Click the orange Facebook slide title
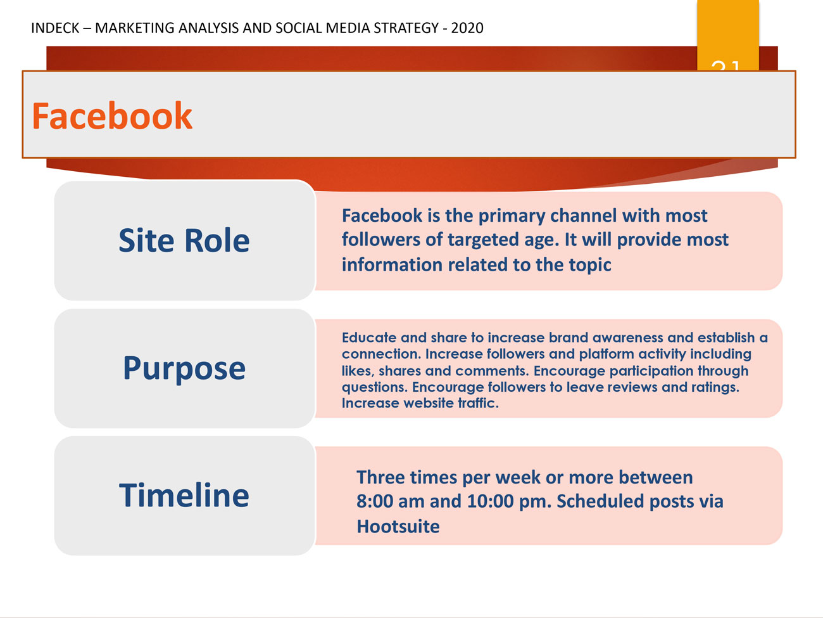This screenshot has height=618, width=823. [x=112, y=116]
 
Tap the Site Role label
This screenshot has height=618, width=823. [x=184, y=240]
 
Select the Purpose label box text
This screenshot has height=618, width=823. [x=184, y=369]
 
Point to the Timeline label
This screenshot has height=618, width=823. [x=184, y=495]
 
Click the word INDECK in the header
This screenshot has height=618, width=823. [x=55, y=28]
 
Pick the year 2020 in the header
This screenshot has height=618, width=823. [x=467, y=28]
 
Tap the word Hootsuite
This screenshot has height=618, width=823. [x=398, y=526]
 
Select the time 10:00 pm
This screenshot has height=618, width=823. [x=509, y=501]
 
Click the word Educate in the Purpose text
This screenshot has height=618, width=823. [x=369, y=338]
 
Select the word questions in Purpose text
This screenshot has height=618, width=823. [x=374, y=388]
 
